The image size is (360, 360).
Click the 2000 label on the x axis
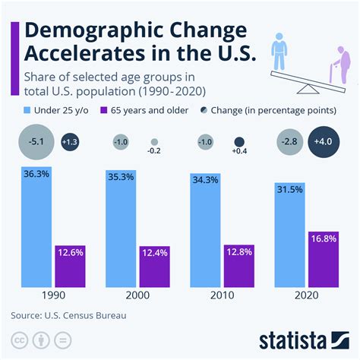pos(137,295)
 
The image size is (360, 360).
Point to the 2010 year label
pos(223,295)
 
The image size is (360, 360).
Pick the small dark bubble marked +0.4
pos(240,142)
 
